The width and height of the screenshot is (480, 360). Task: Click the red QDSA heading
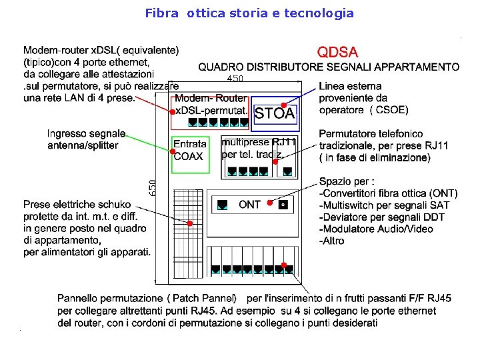click(337, 51)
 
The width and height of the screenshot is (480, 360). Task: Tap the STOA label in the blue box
click(275, 113)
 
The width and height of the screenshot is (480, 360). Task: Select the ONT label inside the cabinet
click(249, 205)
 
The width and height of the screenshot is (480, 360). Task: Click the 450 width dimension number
click(235, 79)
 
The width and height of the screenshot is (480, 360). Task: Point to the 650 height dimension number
click(153, 187)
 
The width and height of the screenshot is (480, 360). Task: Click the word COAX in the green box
click(188, 156)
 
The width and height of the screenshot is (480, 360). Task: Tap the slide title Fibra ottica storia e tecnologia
click(249, 13)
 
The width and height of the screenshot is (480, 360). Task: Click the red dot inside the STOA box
click(284, 105)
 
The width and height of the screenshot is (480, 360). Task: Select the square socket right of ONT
click(283, 204)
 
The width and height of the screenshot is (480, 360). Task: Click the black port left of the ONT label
click(223, 203)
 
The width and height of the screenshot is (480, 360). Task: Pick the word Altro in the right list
click(333, 241)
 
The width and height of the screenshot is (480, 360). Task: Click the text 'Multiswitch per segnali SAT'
click(387, 205)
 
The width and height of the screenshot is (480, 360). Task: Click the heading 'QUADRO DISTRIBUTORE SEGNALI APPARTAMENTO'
click(329, 67)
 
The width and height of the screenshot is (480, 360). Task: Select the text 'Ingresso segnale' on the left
click(86, 134)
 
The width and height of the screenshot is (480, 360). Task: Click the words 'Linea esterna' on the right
click(350, 86)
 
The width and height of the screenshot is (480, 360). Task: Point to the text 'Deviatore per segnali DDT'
click(382, 217)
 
